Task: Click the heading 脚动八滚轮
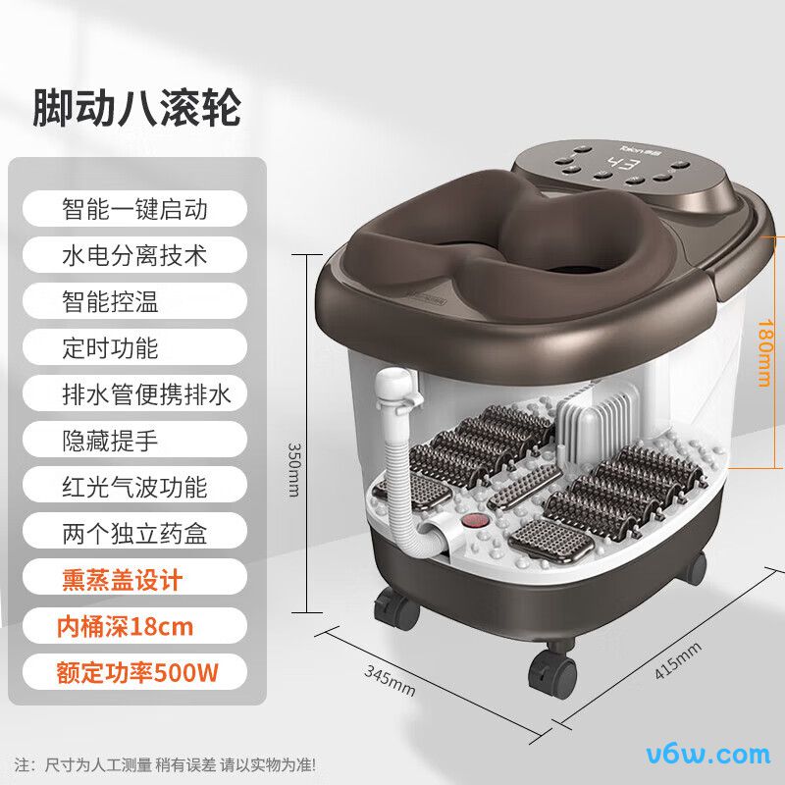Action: [136, 107]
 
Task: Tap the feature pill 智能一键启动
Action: [134, 209]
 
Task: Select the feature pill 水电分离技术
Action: [134, 255]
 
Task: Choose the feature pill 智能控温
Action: [134, 301]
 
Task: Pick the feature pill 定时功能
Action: [134, 347]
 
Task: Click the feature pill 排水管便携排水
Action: [134, 394]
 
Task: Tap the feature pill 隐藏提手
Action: [134, 440]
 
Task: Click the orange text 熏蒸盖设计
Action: [122, 579]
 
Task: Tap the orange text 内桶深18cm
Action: [125, 626]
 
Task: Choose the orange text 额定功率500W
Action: [137, 672]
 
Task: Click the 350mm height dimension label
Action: [294, 469]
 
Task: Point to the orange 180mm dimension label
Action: [764, 353]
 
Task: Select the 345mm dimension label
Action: [390, 680]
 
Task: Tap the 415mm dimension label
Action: [678, 660]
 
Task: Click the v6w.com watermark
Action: [708, 755]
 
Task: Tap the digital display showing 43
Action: [623, 164]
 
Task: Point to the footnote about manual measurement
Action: [165, 764]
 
